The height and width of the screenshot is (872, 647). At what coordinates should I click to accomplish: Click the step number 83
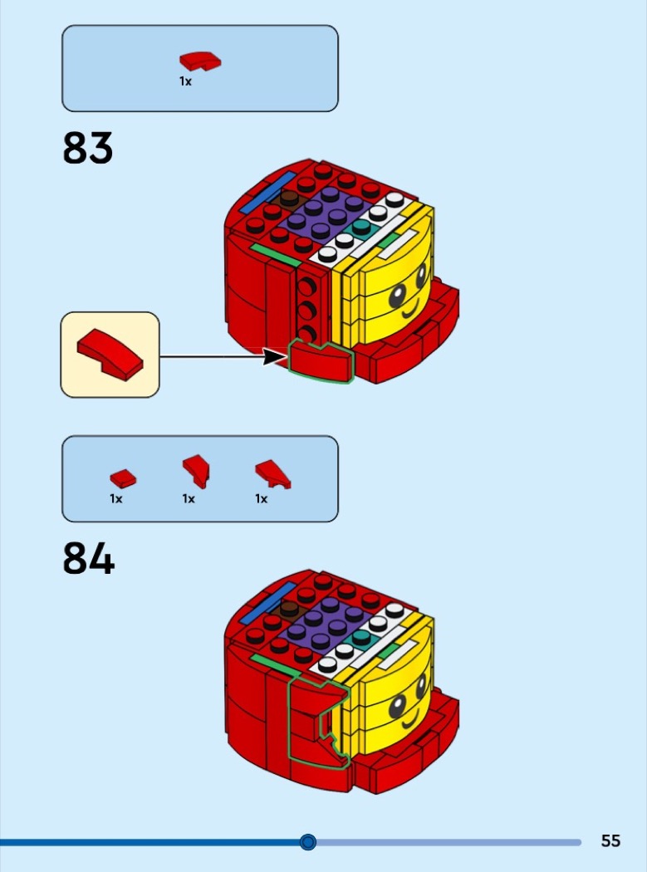point(87,149)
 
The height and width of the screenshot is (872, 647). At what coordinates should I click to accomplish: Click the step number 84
point(88,559)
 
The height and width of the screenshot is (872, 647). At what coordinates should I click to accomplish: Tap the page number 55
point(610,841)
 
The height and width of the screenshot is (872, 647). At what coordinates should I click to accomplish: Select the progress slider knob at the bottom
point(308,842)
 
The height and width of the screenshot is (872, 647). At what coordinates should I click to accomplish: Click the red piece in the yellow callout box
point(110,355)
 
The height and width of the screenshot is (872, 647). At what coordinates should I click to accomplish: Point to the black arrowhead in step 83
point(272,357)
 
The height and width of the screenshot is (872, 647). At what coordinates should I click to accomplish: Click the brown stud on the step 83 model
point(289,198)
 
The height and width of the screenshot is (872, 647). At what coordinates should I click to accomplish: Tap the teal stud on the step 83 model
point(361,227)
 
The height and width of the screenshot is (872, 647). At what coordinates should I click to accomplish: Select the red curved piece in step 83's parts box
point(200,61)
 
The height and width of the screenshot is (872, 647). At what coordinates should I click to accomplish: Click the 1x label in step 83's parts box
point(185,81)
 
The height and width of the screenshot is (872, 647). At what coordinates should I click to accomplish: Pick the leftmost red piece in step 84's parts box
point(123,478)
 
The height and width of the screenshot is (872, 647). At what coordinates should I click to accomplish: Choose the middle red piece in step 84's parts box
point(196,471)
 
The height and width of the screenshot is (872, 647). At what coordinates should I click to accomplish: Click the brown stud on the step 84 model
point(289,609)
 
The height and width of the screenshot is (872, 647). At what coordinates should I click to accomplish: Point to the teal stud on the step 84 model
point(361,637)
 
